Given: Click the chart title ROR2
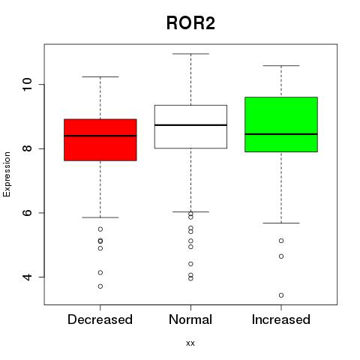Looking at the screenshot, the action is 190,23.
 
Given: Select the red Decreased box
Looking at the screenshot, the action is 100,139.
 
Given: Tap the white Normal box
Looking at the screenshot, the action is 190,127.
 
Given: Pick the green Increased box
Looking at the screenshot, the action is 281,124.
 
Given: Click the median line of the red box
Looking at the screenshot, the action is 100,136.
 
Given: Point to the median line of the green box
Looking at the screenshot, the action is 281,134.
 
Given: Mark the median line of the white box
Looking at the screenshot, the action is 190,125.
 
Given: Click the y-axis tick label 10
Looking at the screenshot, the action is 27,85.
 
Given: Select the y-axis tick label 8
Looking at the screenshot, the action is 27,148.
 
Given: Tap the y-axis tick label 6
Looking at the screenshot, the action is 27,213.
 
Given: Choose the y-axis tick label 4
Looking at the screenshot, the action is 27,277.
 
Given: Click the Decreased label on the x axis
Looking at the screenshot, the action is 100,319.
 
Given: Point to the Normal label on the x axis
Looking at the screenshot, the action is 190,319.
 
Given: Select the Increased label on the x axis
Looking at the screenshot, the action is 281,319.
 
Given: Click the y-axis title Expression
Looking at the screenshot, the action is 7,174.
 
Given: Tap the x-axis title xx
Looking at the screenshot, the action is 190,343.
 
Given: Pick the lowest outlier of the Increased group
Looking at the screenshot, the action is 281,295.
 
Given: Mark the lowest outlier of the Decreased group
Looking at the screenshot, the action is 100,286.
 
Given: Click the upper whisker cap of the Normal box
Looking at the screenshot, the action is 190,54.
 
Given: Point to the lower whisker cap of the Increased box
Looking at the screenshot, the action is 281,223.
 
